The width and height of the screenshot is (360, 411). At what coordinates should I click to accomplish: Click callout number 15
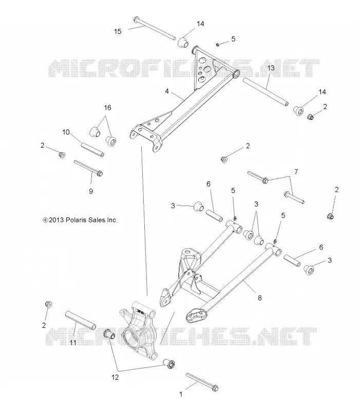(x=118, y=31)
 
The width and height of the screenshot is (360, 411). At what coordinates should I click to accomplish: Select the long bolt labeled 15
(x=155, y=28)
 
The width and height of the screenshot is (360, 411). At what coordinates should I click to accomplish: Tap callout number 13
(x=271, y=68)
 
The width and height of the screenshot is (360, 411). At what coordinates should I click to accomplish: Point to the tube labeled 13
(x=266, y=92)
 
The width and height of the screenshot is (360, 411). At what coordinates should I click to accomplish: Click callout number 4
(x=167, y=91)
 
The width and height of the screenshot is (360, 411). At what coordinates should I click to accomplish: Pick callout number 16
(x=108, y=107)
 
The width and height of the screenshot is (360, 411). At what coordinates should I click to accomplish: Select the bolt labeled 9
(x=88, y=168)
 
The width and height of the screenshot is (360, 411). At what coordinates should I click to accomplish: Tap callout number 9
(x=91, y=191)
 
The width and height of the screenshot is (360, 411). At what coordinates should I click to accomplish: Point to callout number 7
(x=296, y=172)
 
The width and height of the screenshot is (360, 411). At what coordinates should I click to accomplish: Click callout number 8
(x=260, y=298)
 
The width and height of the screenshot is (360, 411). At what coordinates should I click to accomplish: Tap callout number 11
(x=73, y=343)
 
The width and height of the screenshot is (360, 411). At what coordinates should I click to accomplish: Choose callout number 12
(x=115, y=377)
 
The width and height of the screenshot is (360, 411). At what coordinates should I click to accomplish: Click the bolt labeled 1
(x=202, y=382)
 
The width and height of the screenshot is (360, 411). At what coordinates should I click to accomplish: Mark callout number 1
(x=181, y=394)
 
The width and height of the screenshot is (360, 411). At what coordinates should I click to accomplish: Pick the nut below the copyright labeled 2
(x=48, y=305)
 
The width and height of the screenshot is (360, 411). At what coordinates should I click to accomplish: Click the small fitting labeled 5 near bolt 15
(x=218, y=45)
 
